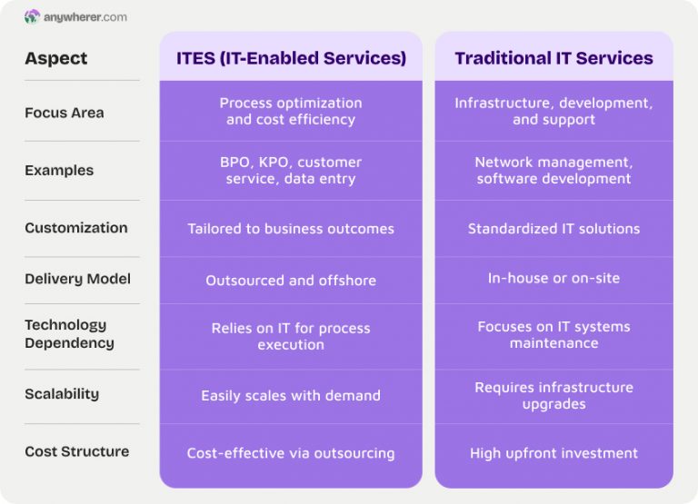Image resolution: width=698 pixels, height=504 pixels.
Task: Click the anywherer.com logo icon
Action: click(32, 16)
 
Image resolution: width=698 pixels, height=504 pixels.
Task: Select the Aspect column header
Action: click(56, 58)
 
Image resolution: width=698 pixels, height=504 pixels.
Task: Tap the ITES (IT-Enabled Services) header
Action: click(291, 58)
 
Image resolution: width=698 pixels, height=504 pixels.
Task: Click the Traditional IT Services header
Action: click(553, 58)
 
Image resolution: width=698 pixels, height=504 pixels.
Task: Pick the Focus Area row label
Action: click(64, 113)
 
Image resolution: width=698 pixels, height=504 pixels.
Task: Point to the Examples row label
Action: click(59, 170)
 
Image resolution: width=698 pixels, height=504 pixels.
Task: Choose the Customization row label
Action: click(76, 228)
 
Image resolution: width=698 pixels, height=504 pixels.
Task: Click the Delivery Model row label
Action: click(77, 279)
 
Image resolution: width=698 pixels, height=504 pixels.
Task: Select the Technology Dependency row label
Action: click(69, 333)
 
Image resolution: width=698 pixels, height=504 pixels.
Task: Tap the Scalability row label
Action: click(62, 394)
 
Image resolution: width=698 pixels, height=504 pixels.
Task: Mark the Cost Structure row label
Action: click(76, 451)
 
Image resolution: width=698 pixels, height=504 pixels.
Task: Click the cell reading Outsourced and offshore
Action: click(291, 280)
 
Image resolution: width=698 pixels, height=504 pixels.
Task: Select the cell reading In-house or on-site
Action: click(553, 278)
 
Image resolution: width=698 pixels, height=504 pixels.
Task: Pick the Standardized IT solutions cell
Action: click(553, 229)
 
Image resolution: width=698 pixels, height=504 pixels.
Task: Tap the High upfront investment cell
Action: click(553, 452)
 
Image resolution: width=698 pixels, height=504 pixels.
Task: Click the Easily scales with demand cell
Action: click(291, 395)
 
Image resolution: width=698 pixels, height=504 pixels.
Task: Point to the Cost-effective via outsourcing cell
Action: click(291, 452)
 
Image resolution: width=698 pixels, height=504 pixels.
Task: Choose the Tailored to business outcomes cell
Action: click(291, 229)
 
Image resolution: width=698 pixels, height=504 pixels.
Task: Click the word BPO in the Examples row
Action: click(234, 162)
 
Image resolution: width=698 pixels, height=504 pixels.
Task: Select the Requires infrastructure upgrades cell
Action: click(553, 395)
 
